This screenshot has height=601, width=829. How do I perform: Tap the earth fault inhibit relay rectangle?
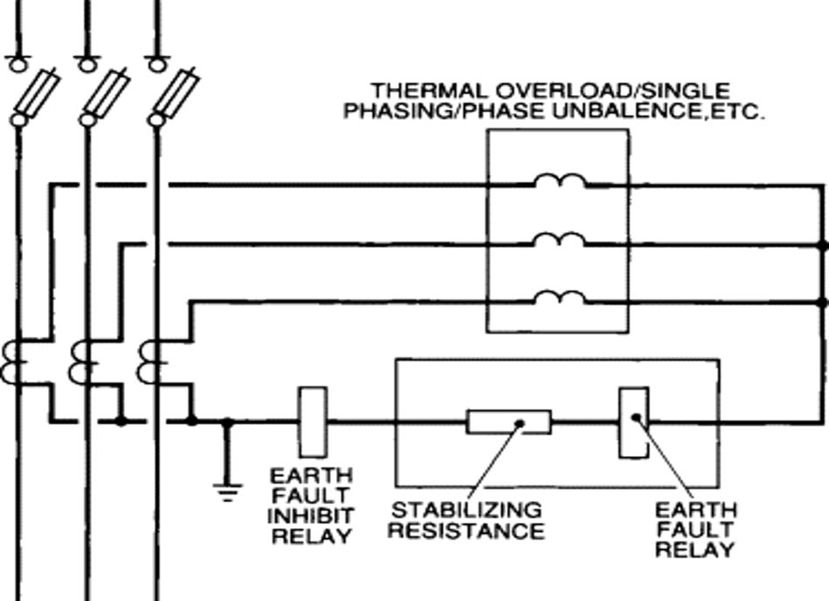[x=313, y=422]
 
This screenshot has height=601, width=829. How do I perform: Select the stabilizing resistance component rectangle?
[x=508, y=422]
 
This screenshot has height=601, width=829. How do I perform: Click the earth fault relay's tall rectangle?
[x=633, y=422]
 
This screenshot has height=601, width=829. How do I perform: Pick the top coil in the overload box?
[x=559, y=183]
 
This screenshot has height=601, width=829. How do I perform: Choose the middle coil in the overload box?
[x=559, y=241]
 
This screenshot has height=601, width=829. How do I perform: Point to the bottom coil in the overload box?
[x=559, y=299]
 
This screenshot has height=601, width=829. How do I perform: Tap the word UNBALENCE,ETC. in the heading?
[x=681, y=112]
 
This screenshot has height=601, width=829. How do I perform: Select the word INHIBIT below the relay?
[x=311, y=515]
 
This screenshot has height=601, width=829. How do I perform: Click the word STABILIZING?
[x=466, y=509]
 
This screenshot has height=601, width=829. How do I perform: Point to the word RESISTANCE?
[x=466, y=530]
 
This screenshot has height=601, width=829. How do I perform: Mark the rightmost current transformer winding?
[x=150, y=363]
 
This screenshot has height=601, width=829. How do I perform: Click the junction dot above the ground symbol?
[x=227, y=422]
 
